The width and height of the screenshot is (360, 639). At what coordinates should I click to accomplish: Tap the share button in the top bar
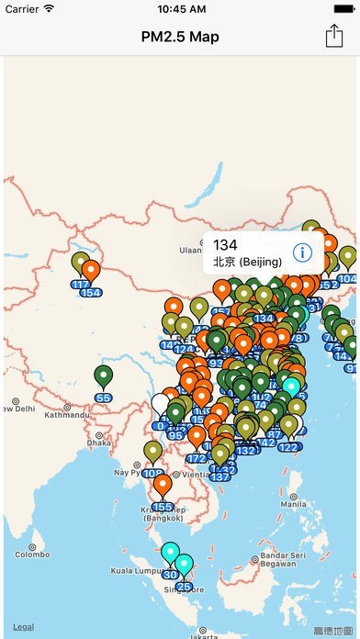click(333, 36)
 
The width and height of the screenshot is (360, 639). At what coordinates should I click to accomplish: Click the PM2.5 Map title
click(180, 37)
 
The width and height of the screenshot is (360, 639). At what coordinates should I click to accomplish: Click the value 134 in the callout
click(225, 244)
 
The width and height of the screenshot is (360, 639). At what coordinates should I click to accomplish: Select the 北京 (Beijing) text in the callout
click(247, 262)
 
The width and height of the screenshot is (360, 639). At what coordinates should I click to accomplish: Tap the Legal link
click(23, 626)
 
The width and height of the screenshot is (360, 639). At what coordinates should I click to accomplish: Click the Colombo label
click(31, 554)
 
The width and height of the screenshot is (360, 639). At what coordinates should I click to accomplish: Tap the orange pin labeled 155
click(163, 487)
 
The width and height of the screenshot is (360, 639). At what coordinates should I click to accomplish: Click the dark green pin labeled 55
click(103, 376)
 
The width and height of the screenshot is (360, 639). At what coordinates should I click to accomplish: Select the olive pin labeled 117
click(81, 264)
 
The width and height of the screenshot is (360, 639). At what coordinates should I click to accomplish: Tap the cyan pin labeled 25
click(185, 566)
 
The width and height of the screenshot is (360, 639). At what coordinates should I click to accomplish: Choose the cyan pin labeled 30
click(170, 553)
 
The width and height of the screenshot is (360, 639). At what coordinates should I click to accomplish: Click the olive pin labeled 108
click(152, 452)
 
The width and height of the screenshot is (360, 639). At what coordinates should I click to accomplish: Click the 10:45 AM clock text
click(181, 9)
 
